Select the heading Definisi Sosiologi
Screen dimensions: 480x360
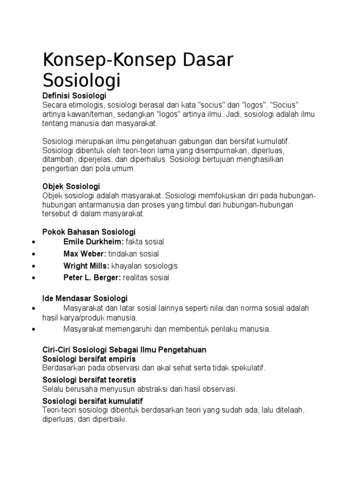(x=75, y=96)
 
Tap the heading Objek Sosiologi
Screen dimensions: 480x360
(x=71, y=186)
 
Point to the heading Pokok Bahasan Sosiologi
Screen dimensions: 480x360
(x=89, y=232)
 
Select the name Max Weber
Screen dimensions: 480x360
(x=84, y=254)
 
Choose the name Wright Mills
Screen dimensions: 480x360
(x=86, y=266)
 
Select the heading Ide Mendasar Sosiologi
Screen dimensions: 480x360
(x=85, y=299)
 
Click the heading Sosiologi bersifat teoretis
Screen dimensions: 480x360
(x=89, y=380)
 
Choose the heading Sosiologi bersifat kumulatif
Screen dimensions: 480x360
(x=92, y=401)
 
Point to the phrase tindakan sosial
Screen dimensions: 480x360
(x=134, y=254)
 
